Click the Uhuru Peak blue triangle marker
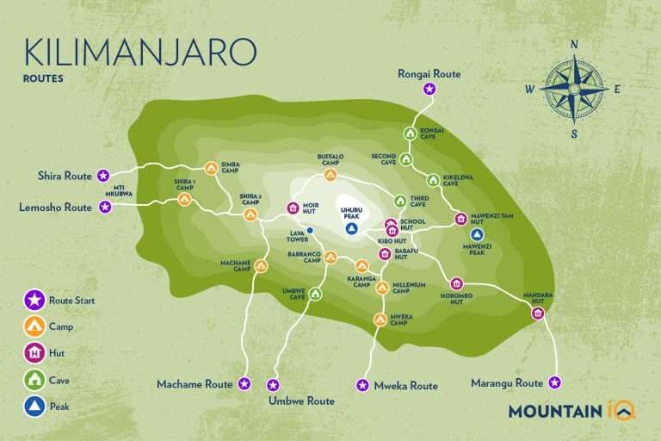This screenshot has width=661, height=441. click(351, 229)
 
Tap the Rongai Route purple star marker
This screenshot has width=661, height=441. click(429, 89)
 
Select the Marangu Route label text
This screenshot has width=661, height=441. click(507, 382)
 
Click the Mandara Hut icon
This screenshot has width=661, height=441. click(538, 314)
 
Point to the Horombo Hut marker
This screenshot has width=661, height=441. click(457, 283)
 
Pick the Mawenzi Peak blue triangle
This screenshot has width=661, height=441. click(478, 234)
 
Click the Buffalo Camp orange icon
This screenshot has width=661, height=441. click(330, 176)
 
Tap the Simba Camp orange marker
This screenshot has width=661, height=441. click(211, 167)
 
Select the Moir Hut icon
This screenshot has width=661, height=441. click(293, 208)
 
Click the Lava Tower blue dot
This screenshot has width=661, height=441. click(310, 230)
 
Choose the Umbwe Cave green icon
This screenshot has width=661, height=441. click(315, 295)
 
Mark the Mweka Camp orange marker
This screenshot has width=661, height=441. click(380, 320)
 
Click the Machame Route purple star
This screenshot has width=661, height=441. click(244, 383)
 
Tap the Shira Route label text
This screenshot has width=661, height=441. click(65, 176)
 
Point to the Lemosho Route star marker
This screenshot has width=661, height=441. click(105, 207)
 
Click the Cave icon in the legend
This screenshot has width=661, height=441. click(34, 379)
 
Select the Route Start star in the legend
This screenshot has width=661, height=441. click(34, 300)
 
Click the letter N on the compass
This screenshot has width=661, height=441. click(574, 45)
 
